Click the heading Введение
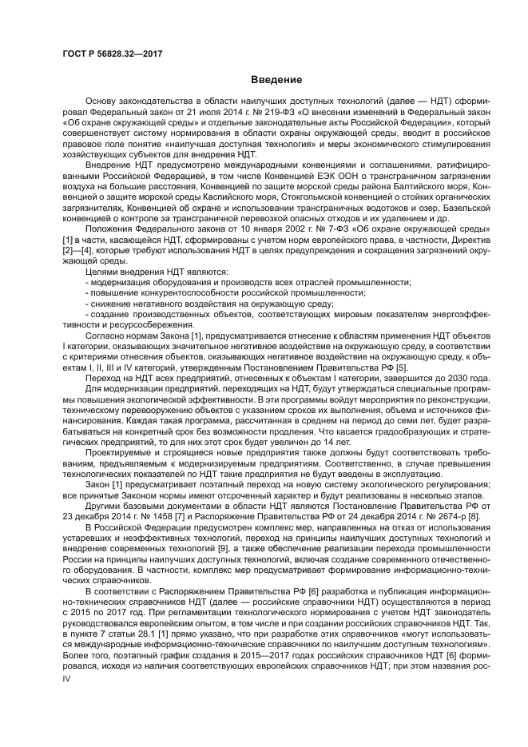[x=276, y=80]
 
